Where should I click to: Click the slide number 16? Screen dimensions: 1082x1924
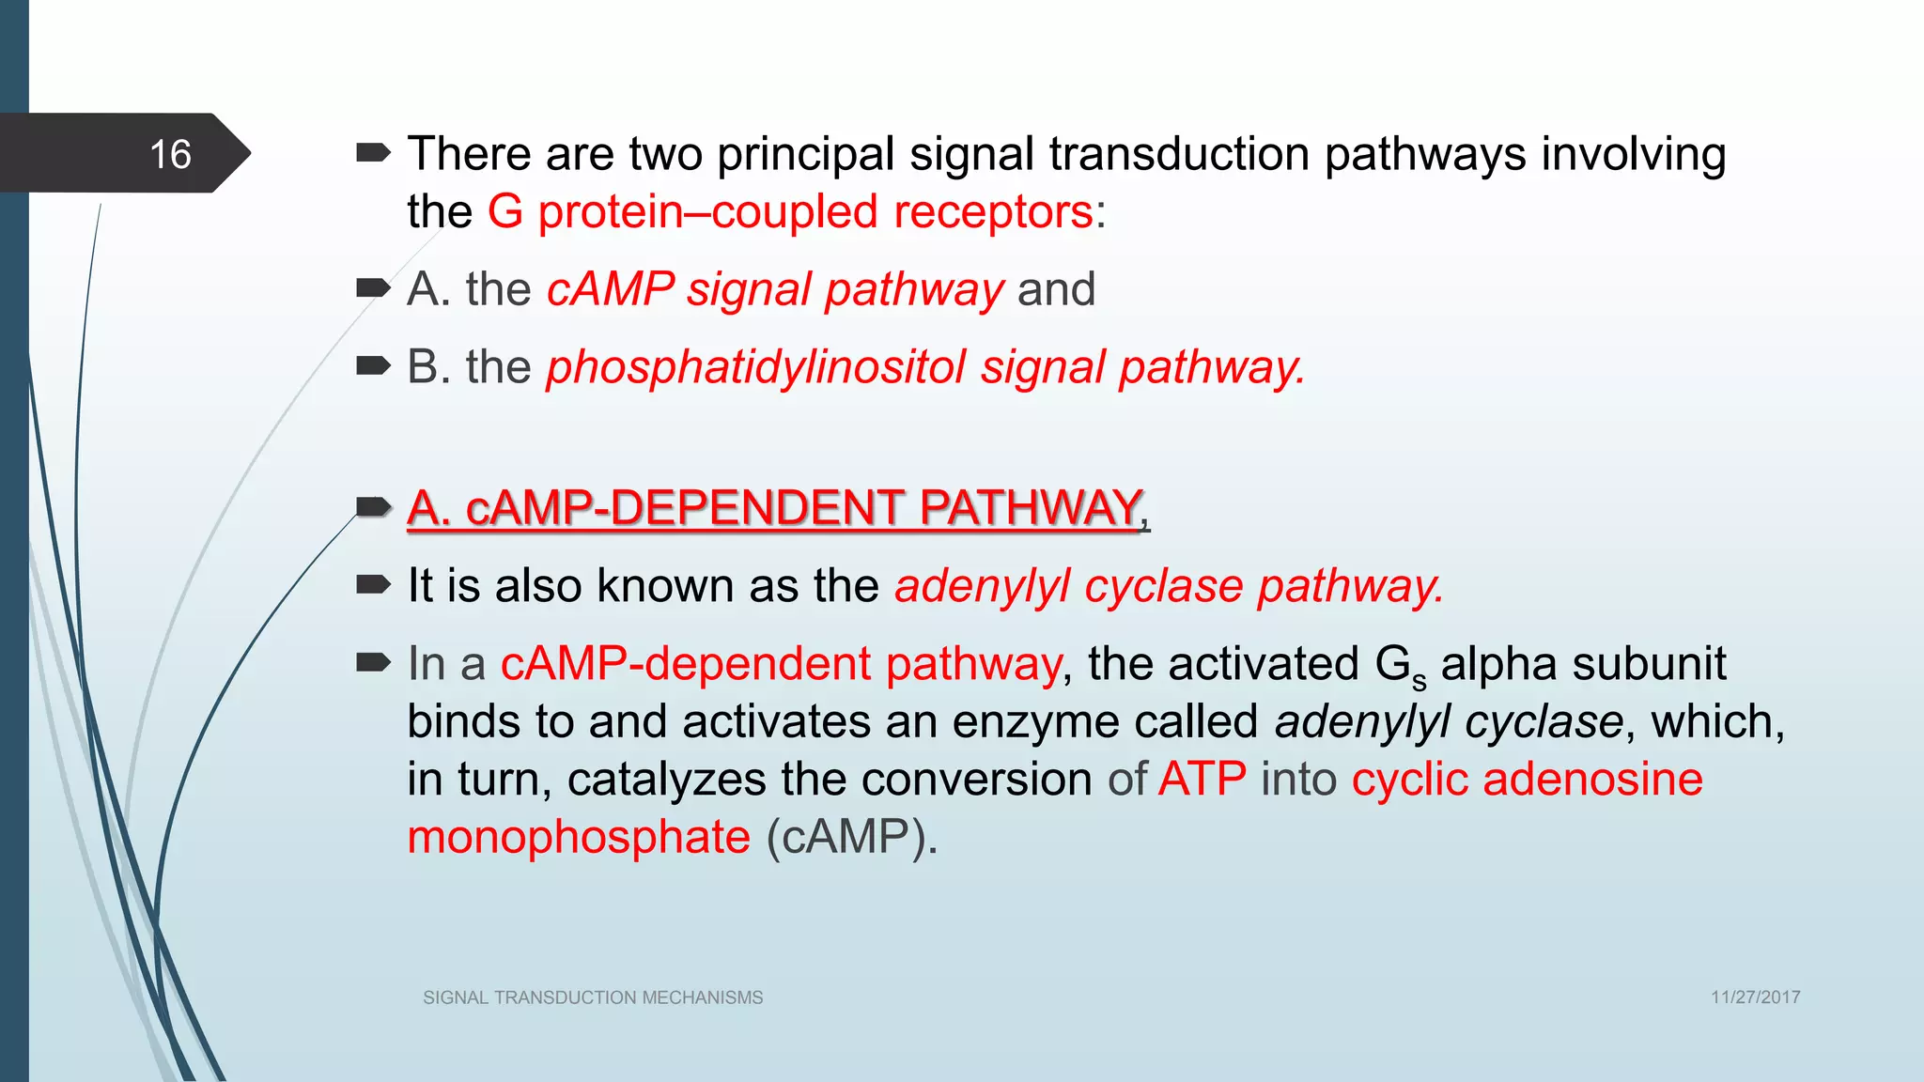(170, 154)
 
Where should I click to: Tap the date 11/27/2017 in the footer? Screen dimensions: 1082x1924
(1755, 997)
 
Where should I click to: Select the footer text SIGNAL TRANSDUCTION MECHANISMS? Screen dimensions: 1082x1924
(593, 997)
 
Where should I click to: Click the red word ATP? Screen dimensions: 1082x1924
(1202, 780)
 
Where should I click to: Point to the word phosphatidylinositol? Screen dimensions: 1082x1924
(756, 367)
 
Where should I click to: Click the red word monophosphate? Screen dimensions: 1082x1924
(579, 837)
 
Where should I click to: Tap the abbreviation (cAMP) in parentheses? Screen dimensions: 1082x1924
(851, 837)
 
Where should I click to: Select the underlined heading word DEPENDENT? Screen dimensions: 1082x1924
(756, 508)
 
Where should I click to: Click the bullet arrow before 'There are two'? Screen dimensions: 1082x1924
(373, 152)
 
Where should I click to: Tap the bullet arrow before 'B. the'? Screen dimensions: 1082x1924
(373, 365)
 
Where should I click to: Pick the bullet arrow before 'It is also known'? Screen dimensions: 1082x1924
(373, 585)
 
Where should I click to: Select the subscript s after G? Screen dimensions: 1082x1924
(1419, 681)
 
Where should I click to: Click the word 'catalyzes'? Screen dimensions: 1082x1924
(666, 781)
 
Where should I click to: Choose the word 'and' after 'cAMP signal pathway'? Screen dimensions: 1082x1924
(1056, 289)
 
